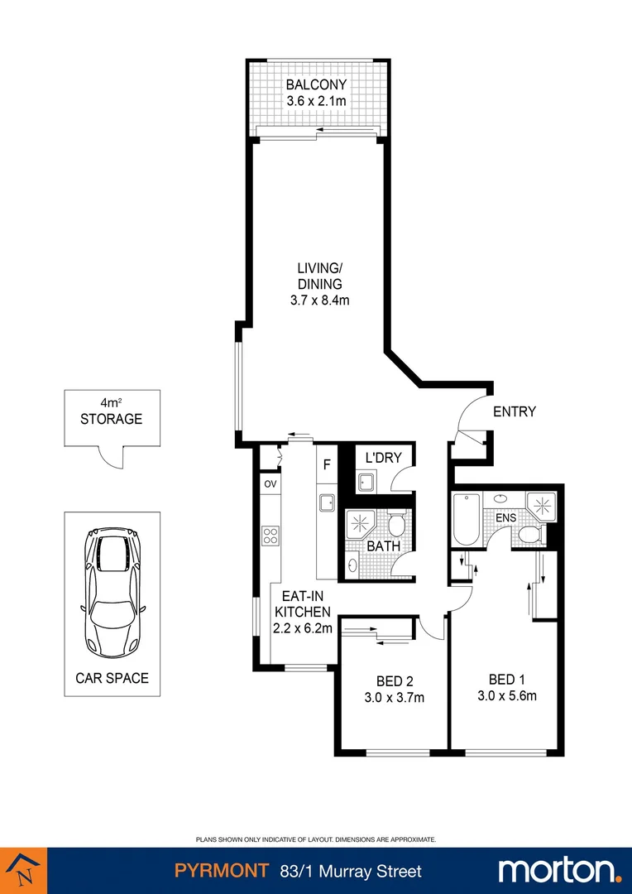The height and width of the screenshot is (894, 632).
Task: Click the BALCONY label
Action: [x=316, y=84]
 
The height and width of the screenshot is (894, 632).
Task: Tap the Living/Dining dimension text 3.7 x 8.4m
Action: [x=320, y=300]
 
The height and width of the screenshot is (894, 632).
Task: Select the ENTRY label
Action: [x=515, y=411]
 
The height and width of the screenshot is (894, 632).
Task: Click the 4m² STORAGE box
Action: [x=111, y=418]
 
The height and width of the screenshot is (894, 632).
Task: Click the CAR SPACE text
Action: [x=112, y=678]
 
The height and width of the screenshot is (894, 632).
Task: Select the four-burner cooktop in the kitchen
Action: [x=270, y=535]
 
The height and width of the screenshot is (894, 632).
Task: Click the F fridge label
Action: [x=327, y=465]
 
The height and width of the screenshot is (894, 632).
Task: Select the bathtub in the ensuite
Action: [x=464, y=520]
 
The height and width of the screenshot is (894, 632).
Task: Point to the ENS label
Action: [x=505, y=519]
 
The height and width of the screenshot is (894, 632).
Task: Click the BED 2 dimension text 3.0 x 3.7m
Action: [x=395, y=697]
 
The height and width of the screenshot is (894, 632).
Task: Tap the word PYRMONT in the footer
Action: [x=221, y=871]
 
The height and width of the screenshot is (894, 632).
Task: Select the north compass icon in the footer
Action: [x=23, y=870]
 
